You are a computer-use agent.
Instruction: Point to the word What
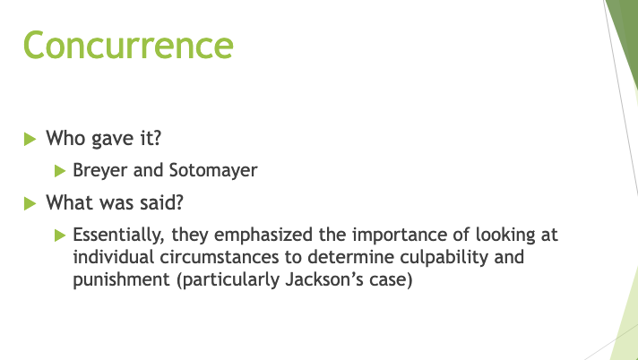point(68,201)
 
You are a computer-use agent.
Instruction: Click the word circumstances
point(220,257)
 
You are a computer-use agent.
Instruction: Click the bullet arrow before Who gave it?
point(30,140)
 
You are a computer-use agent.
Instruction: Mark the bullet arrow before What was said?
point(30,202)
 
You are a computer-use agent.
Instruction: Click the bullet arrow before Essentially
point(60,236)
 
